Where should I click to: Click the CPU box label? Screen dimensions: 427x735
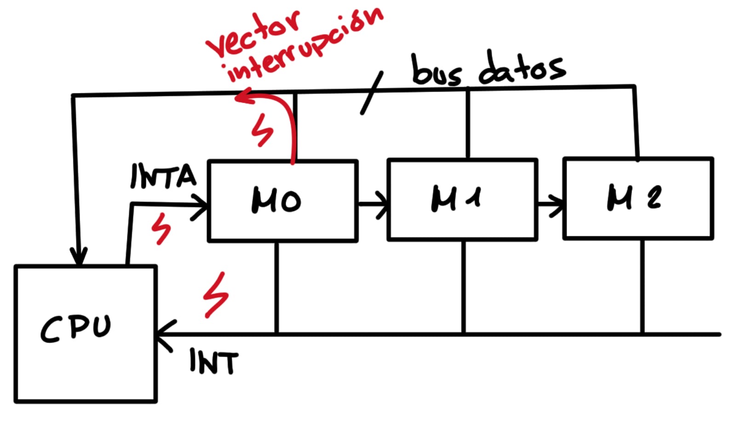[76, 329]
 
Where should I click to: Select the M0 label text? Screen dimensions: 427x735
[276, 201]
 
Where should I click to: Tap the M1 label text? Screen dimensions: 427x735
[455, 199]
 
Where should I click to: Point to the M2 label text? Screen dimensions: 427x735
[634, 197]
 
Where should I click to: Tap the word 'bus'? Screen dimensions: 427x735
[436, 71]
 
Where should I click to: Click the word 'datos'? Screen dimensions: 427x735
[522, 69]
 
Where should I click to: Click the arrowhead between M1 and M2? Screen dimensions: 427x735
[558, 204]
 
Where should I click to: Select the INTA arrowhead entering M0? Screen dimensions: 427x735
[201, 205]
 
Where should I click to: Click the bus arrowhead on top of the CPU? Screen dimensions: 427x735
[79, 258]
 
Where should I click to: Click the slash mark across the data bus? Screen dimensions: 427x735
[372, 93]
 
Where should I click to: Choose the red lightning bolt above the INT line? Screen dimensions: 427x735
[216, 294]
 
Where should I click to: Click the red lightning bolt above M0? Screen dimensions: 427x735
[262, 130]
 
